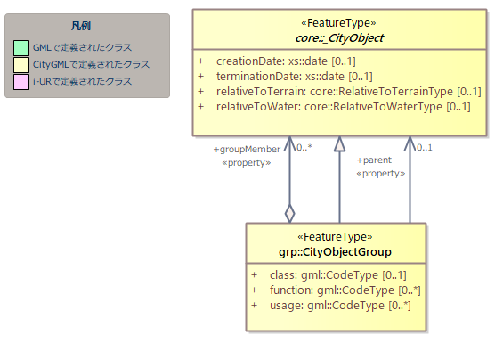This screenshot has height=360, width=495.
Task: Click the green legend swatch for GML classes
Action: (x=21, y=48)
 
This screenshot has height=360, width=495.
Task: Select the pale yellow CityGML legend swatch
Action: (x=21, y=65)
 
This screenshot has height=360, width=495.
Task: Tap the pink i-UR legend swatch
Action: (x=21, y=82)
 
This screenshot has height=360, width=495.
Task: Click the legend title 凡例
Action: (x=81, y=26)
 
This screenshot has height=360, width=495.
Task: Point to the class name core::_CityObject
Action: (x=339, y=38)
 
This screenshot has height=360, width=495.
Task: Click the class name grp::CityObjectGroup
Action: (x=335, y=252)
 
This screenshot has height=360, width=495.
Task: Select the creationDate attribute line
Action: (x=277, y=61)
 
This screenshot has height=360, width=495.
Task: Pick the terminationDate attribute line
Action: (x=285, y=77)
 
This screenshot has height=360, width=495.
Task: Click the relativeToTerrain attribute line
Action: (x=339, y=92)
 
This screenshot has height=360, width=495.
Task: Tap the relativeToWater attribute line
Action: (x=334, y=107)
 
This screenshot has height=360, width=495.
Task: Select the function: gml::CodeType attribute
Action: (x=336, y=290)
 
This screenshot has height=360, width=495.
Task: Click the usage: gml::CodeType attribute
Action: (x=331, y=306)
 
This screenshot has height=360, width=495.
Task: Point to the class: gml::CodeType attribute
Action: (x=329, y=275)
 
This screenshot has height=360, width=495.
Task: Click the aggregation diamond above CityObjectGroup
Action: (x=290, y=214)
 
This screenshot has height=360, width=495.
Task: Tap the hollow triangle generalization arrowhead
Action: (x=340, y=144)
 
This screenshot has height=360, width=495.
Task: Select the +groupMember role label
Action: (x=247, y=149)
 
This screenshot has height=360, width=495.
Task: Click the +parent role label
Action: (x=374, y=160)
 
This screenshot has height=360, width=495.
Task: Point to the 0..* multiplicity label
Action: (x=304, y=147)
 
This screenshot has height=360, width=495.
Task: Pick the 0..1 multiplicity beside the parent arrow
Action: (x=425, y=148)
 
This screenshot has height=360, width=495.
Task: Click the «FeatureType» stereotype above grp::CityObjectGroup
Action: (x=335, y=237)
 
